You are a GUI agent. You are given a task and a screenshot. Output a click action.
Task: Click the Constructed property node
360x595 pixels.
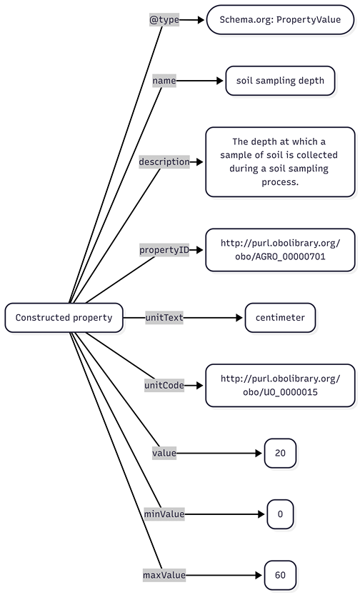(x=64, y=317)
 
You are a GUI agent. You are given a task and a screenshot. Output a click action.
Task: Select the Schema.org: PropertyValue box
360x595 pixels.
(x=280, y=20)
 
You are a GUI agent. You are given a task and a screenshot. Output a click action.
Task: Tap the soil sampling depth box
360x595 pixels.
(x=280, y=81)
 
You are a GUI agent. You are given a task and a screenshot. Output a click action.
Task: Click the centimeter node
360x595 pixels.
(x=280, y=317)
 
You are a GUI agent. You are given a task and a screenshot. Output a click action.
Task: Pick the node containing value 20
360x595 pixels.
(x=280, y=453)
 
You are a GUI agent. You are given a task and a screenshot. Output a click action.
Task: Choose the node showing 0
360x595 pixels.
(x=280, y=514)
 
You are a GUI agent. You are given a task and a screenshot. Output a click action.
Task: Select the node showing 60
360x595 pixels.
(x=280, y=574)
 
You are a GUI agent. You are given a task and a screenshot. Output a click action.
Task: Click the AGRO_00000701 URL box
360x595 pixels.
(x=280, y=249)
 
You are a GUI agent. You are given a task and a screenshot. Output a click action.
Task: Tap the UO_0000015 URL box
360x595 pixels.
(x=280, y=385)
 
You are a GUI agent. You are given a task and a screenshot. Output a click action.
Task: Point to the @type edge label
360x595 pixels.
(x=164, y=20)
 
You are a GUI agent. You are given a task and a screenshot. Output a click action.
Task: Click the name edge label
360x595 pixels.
(x=164, y=81)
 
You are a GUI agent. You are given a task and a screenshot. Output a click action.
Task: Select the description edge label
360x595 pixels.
(x=164, y=161)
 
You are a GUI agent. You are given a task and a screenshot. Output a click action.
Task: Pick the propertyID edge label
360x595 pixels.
(x=164, y=249)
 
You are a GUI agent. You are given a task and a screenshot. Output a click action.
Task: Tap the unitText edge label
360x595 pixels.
(x=164, y=317)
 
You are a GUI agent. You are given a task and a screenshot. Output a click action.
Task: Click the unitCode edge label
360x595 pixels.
(x=164, y=385)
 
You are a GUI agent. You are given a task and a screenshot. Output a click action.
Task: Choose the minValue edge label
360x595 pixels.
(x=164, y=514)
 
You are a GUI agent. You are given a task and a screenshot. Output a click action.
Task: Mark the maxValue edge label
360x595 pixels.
(x=164, y=574)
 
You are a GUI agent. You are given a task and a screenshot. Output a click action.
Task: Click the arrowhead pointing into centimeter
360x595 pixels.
(x=239, y=317)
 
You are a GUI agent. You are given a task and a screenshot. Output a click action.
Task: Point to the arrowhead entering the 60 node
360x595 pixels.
(x=259, y=574)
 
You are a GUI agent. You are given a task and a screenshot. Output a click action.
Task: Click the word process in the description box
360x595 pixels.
(x=280, y=182)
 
